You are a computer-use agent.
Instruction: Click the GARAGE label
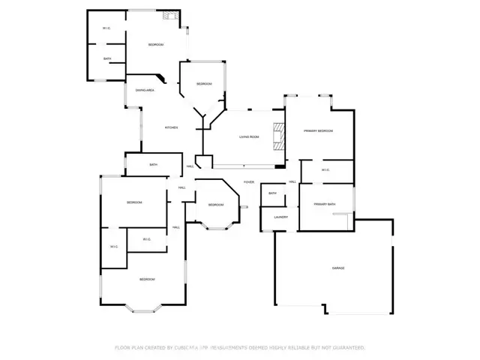click(x=338, y=268)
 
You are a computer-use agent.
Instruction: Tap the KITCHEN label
click(x=171, y=127)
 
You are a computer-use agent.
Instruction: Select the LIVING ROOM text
click(x=249, y=136)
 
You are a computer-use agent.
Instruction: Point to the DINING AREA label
click(x=145, y=90)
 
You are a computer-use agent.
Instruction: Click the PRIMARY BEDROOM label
click(x=318, y=131)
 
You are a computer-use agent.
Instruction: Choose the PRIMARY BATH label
click(x=325, y=205)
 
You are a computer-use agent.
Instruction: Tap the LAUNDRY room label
click(x=281, y=217)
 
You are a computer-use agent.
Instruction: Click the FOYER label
click(x=248, y=182)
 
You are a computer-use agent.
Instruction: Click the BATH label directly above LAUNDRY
click(x=272, y=193)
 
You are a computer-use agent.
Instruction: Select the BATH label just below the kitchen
click(x=153, y=165)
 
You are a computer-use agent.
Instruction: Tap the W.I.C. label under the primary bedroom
click(x=325, y=169)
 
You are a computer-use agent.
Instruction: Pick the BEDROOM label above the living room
click(x=204, y=83)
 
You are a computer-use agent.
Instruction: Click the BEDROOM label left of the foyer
click(x=215, y=205)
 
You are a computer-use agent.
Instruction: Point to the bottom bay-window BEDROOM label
click(x=146, y=279)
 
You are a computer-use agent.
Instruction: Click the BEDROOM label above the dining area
click(x=155, y=45)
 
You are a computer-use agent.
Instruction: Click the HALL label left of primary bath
click(x=292, y=181)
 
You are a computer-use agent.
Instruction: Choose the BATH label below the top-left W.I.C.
click(x=107, y=59)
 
